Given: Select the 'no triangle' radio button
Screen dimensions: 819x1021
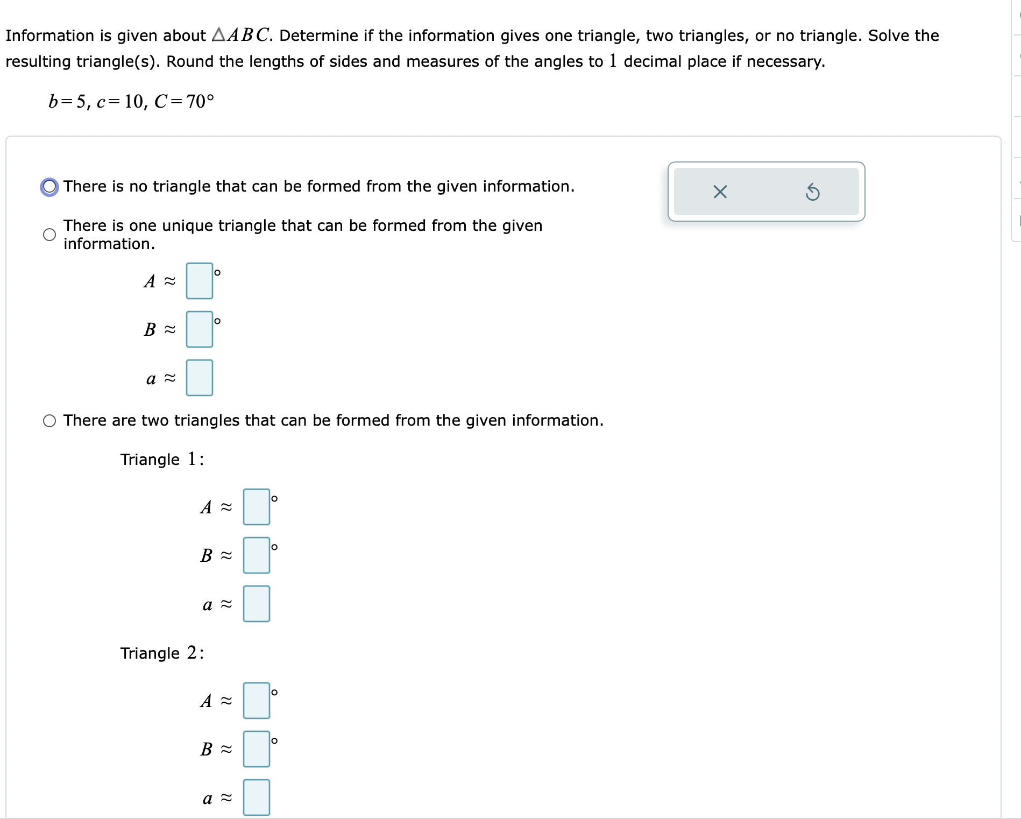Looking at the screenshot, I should tap(49, 187).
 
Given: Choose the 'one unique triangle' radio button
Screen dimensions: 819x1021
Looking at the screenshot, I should tap(49, 235).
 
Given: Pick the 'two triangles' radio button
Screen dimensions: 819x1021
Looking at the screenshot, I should tap(49, 421).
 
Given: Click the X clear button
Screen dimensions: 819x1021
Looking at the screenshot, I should tap(720, 192).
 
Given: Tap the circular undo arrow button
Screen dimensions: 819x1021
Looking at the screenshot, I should tap(812, 192).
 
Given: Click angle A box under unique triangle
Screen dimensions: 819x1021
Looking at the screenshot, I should tap(199, 281).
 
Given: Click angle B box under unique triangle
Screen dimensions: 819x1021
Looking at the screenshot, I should tap(199, 329).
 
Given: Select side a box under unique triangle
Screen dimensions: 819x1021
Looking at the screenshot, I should tap(199, 378).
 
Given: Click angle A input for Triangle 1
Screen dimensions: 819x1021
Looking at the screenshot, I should tap(256, 507).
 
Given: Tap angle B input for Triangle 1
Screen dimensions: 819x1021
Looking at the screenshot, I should tap(256, 555).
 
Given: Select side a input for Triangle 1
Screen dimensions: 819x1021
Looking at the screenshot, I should tap(256, 604).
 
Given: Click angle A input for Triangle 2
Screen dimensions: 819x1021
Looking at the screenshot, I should tap(256, 701).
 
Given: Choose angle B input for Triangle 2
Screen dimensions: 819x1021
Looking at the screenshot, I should tap(256, 749).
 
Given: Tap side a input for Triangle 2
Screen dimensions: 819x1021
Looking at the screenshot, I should tap(256, 797).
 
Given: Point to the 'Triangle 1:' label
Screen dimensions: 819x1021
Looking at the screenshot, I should tap(162, 460).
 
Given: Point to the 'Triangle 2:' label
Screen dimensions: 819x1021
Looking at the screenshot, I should tap(162, 653).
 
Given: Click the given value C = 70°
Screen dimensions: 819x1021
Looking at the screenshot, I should tap(184, 101).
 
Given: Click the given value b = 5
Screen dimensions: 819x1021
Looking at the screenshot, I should tap(67, 101).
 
